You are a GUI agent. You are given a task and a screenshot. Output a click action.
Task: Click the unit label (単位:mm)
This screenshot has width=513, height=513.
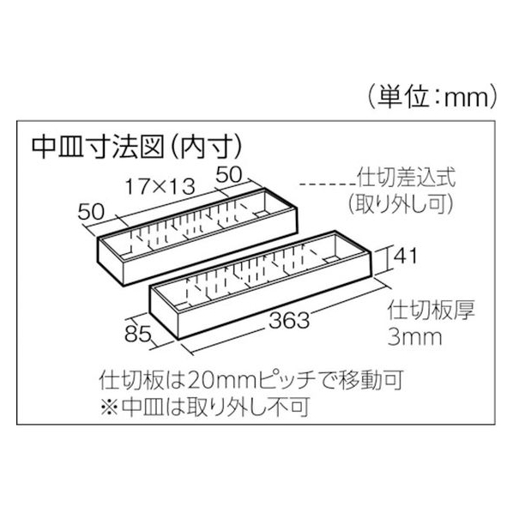tap(432, 97)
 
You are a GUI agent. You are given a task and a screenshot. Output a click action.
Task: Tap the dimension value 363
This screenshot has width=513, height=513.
tap(289, 320)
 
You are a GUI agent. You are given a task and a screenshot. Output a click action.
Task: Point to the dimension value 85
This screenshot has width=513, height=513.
tap(138, 334)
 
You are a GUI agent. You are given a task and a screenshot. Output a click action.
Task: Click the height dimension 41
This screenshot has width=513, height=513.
tap(405, 256)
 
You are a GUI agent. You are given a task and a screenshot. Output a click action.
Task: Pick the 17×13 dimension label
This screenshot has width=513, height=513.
tap(160, 186)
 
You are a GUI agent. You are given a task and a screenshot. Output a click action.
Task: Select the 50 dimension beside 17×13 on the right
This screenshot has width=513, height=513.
tap(229, 174)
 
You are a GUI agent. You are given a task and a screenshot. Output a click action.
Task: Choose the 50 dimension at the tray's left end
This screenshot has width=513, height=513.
tap(91, 211)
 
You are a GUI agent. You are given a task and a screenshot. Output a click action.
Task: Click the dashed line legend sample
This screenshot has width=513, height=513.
tap(328, 184)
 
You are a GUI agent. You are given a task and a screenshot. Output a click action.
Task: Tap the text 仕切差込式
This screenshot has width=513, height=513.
tap(406, 178)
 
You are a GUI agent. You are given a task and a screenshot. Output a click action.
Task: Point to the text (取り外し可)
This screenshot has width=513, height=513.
tap(401, 203)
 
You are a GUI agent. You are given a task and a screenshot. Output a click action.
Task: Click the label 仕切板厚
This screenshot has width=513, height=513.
tap(431, 311)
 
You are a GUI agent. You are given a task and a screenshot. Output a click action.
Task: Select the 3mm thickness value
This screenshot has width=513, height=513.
tap(414, 337)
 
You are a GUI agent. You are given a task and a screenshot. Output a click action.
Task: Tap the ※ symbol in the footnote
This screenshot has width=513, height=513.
tap(109, 407)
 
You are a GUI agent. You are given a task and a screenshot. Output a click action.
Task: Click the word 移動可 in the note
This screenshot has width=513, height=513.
tap(371, 380)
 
